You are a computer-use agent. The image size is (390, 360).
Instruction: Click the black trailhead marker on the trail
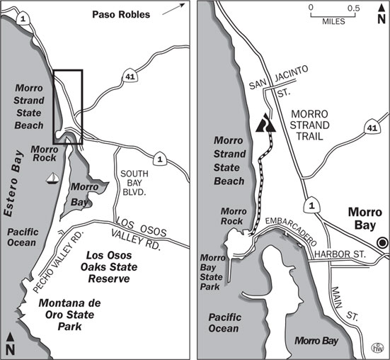(264, 125)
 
